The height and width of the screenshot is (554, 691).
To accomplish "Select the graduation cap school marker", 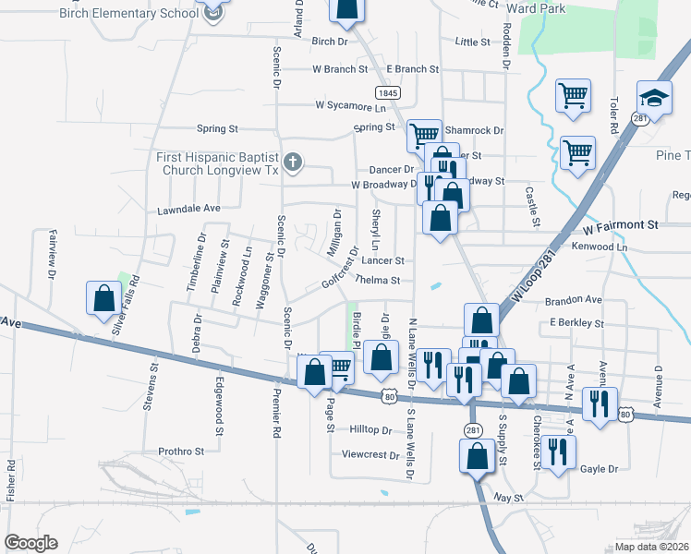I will coord(653,99).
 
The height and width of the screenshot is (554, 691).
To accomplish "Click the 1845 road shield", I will coord(387,92).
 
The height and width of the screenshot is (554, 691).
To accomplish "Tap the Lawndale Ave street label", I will coord(189,209).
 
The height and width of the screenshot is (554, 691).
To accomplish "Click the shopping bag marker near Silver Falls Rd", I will coord(103,297).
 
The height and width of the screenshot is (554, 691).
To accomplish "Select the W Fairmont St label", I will coord(619,224).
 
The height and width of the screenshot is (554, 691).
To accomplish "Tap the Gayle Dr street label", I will coord(599,469).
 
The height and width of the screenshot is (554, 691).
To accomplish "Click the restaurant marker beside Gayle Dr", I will coord(558,452).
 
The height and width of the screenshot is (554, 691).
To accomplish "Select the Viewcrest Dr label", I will coord(370,454).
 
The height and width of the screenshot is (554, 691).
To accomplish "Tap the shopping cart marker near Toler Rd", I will coord(574,94).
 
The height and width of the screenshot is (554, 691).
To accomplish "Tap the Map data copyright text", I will coord(652,547).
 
